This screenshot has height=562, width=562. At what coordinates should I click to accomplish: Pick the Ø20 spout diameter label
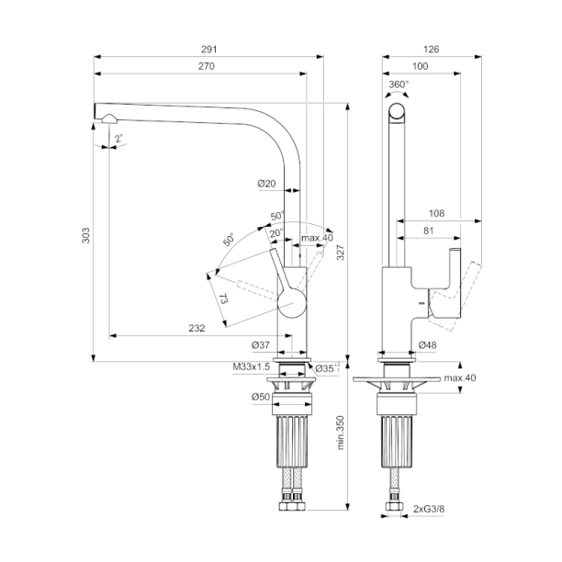(266, 184)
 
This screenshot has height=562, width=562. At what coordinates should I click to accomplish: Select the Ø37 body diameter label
(262, 345)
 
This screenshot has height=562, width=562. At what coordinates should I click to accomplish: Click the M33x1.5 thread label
(253, 367)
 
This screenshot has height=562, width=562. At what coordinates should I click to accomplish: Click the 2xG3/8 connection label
(431, 507)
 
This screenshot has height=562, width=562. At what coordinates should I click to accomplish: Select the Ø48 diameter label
(428, 345)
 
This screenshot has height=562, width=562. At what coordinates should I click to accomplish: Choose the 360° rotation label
(399, 84)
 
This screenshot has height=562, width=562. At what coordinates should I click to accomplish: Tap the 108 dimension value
(436, 213)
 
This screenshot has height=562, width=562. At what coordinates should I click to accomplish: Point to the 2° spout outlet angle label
(118, 138)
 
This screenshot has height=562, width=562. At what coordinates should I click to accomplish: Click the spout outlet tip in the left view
(107, 117)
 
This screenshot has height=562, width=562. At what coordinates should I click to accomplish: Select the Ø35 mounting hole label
(325, 368)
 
